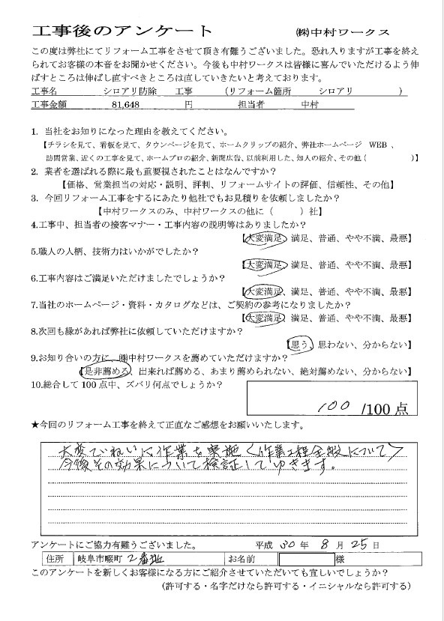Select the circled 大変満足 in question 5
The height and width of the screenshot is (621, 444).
tap(262, 264)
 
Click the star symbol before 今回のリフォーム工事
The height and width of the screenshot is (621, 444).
tap(35, 425)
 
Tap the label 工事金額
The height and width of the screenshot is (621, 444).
tap(50, 106)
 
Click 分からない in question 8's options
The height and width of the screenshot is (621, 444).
tap(388, 345)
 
